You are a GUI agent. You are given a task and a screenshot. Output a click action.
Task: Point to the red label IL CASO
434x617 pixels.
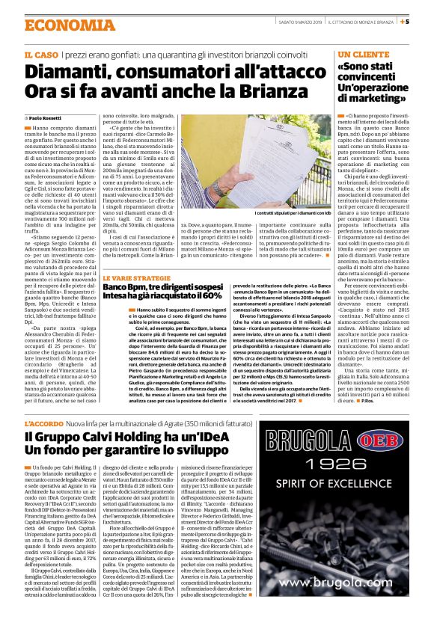(41, 55)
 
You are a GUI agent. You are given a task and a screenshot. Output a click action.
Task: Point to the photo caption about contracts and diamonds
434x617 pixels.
(287, 215)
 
